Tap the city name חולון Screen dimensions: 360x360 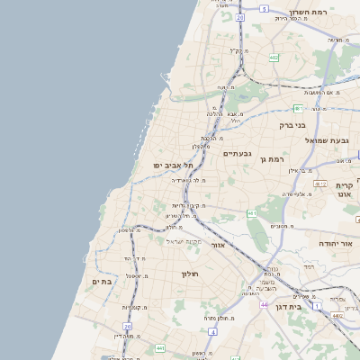189,273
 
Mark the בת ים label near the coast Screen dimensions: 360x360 100,282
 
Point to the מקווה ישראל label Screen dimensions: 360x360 187,241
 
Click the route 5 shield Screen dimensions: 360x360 264,8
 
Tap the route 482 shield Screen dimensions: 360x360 273,58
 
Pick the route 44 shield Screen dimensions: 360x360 264,305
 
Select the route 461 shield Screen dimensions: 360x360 253,213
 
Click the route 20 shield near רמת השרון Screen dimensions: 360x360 240,17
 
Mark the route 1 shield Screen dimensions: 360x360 318,306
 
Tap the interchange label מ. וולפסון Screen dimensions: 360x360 125,230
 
